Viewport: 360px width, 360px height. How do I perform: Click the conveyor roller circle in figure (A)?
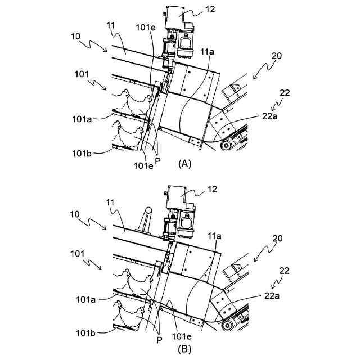pos(226,146)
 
